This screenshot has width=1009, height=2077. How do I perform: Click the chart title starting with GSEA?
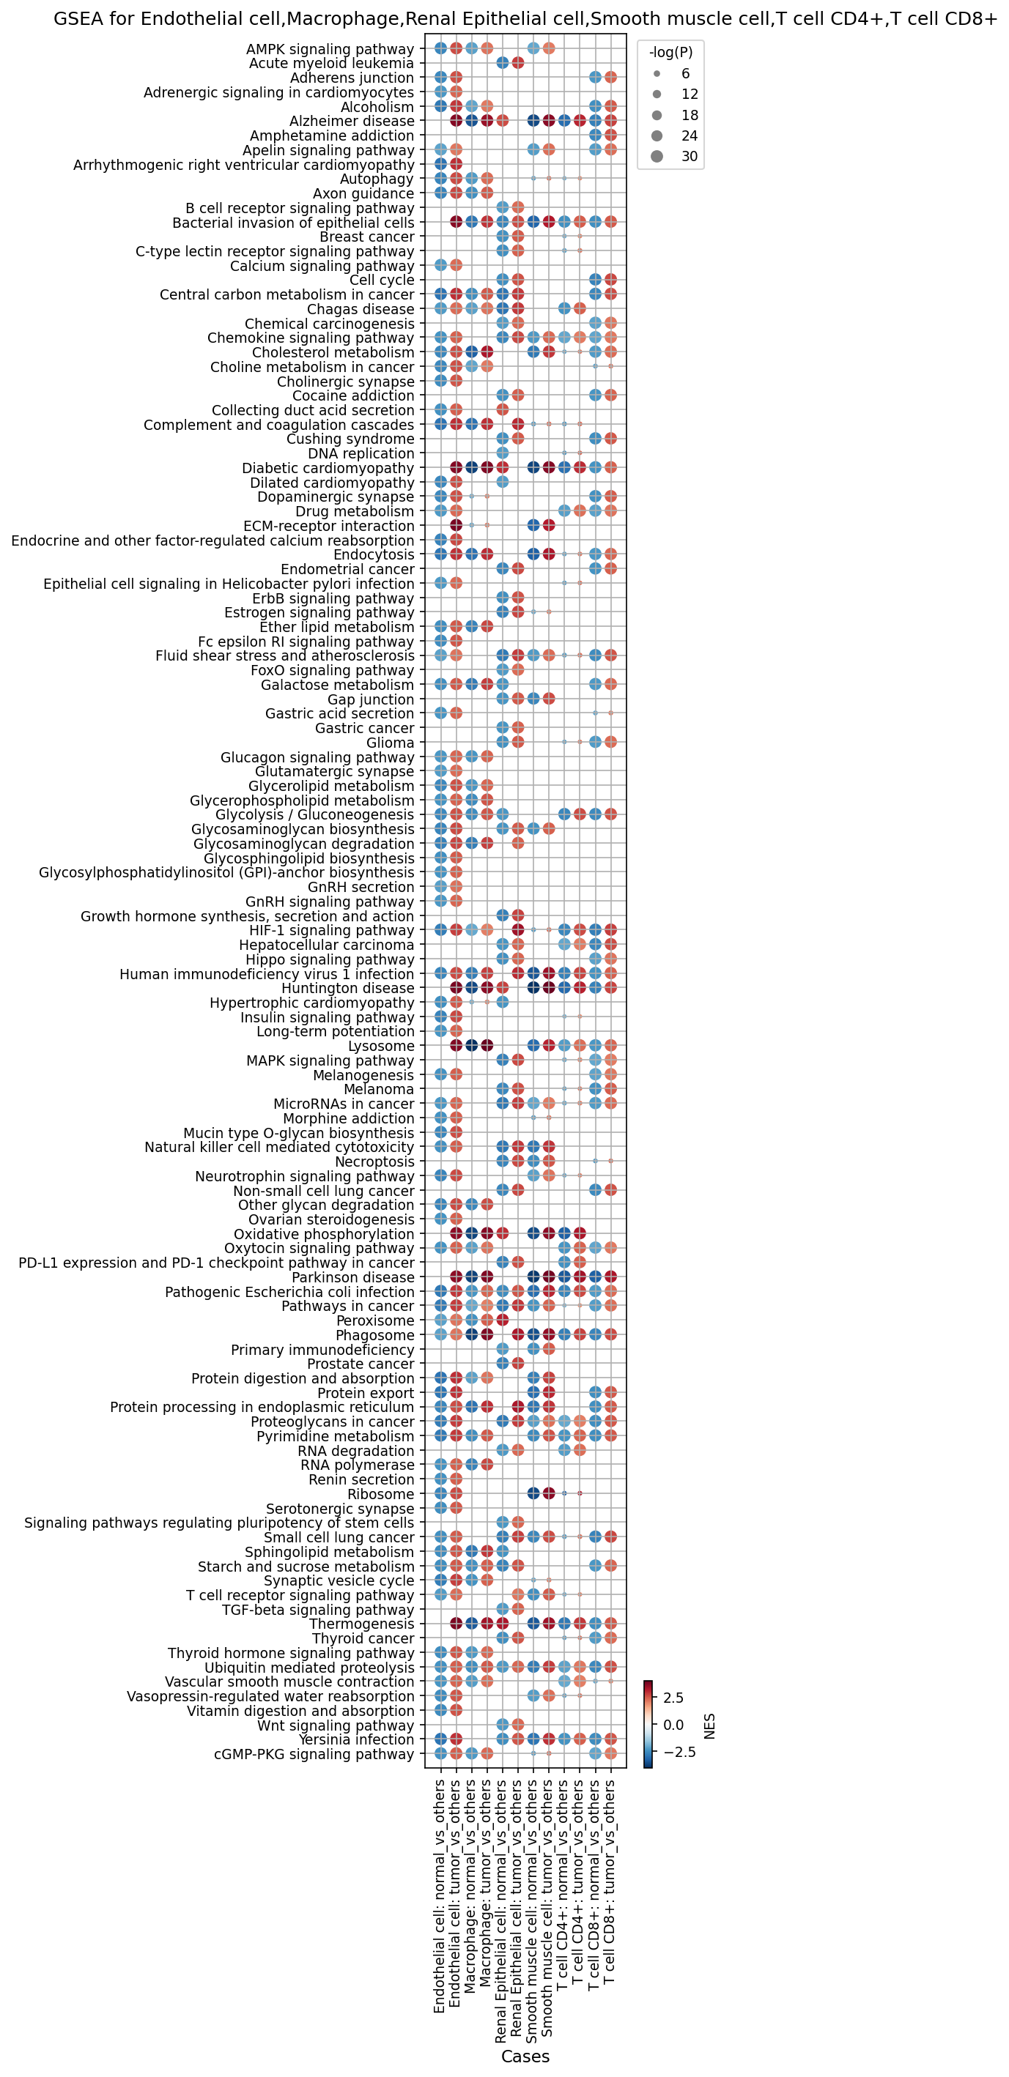(525, 18)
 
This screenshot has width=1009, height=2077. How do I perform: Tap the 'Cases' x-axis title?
(525, 2056)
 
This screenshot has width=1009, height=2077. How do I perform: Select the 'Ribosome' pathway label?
(381, 1494)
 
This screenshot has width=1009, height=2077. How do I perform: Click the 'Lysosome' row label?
(381, 1046)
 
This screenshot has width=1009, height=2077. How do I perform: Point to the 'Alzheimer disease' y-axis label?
(352, 121)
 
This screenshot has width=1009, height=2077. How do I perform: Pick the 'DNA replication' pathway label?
(361, 453)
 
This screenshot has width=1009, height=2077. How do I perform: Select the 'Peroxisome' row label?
(375, 1320)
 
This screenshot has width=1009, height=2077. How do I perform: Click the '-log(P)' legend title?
(671, 53)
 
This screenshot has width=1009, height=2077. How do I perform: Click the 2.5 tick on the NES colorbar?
(673, 1698)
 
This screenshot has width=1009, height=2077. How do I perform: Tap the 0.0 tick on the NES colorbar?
(673, 1725)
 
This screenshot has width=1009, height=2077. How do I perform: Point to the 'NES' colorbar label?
(710, 1726)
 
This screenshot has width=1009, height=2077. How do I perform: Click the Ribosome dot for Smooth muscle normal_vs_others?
(533, 1494)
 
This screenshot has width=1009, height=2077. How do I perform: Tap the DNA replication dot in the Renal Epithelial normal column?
(503, 453)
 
